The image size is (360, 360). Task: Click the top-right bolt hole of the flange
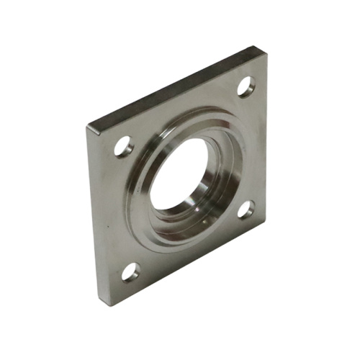[x=246, y=87]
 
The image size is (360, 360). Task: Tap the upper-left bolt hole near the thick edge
[x=122, y=147]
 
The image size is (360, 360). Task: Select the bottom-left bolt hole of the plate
[x=131, y=271]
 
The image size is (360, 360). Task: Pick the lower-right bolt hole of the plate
[x=246, y=209]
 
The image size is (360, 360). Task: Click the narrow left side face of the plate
[x=92, y=216]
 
